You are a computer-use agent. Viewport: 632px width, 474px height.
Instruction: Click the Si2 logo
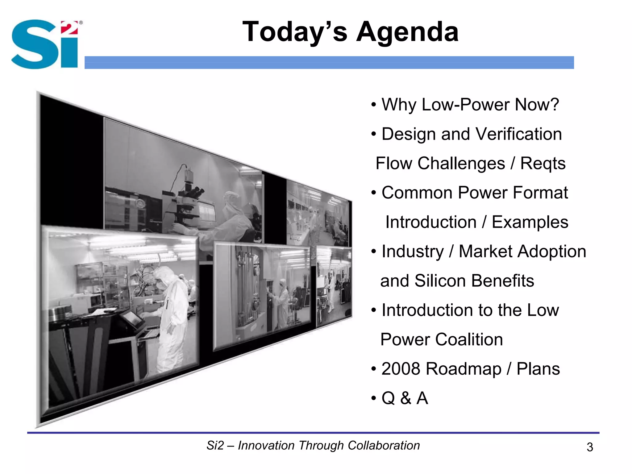click(46, 44)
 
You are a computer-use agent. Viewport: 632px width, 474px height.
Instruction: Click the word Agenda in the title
click(407, 32)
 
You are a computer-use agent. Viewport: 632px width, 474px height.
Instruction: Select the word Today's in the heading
click(295, 32)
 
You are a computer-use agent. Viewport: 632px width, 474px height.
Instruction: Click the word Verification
click(518, 134)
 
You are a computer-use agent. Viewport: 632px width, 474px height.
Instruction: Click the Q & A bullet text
click(404, 398)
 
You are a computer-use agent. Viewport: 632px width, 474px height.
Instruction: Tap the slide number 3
click(590, 447)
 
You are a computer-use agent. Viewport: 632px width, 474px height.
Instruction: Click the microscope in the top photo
click(188, 197)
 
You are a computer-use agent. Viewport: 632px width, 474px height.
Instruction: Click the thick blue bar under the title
click(329, 62)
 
